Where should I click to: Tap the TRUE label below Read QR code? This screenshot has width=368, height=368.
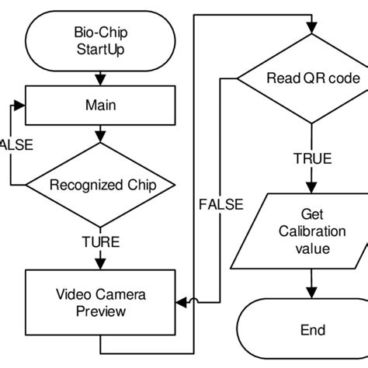click(312, 158)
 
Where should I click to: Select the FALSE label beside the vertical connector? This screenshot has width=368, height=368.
click(220, 204)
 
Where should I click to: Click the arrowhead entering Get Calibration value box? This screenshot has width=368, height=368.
click(312, 189)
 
